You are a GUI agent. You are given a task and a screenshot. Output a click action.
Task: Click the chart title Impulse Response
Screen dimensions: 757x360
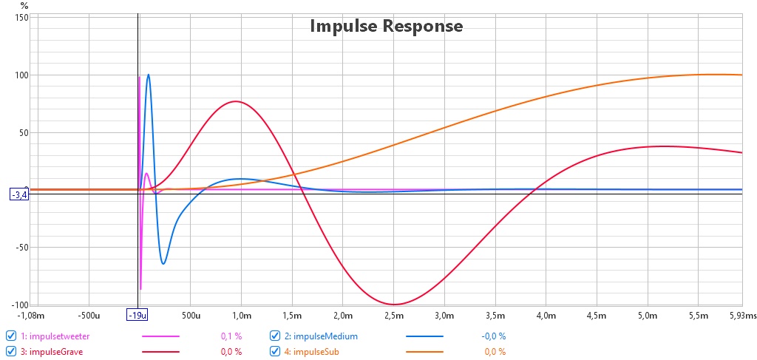386,26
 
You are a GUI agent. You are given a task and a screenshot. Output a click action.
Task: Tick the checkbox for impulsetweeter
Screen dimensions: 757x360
10,336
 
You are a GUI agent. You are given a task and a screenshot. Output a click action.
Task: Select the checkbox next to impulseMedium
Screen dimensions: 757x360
275,336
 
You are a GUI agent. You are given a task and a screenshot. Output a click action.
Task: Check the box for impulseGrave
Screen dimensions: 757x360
10,352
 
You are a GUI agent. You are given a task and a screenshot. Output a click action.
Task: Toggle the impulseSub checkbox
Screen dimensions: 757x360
275,352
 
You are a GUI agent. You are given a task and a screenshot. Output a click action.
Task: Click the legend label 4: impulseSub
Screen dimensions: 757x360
311,352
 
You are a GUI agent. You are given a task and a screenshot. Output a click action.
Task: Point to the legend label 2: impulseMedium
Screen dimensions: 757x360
321,336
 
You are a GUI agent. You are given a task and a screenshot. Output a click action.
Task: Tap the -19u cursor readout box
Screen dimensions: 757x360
138,316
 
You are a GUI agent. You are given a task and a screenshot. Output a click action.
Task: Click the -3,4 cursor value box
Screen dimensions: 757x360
18,195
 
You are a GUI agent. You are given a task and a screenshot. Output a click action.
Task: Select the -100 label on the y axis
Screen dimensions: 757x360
21,305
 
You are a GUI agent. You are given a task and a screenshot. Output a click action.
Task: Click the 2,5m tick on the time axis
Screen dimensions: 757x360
393,316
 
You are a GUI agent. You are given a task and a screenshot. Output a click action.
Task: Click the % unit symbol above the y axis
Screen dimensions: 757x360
24,5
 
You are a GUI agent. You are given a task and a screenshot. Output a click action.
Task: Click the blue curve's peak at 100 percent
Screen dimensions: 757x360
148,75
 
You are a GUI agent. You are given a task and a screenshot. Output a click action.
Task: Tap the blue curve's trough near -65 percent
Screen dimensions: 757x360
163,264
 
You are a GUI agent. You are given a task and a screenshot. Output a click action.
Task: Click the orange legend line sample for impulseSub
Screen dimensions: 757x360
424,352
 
